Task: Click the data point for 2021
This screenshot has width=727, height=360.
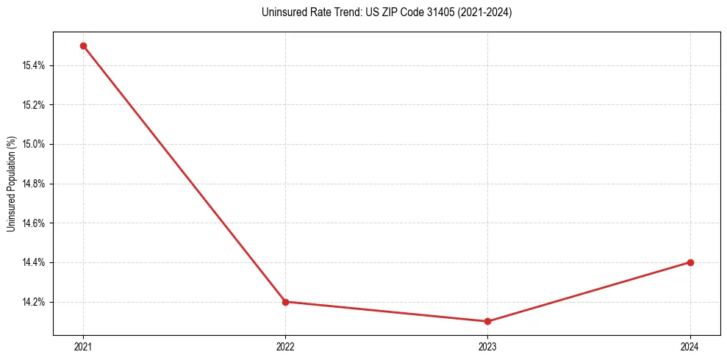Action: [x=83, y=46]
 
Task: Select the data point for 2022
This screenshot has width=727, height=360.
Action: [x=285, y=301]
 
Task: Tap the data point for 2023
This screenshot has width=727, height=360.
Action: [x=488, y=321]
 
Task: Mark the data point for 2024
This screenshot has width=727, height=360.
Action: [x=690, y=262]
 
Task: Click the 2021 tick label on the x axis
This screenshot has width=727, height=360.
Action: [x=83, y=347]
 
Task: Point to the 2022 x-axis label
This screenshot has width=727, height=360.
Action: [x=285, y=347]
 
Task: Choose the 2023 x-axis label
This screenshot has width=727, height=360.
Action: [x=488, y=347]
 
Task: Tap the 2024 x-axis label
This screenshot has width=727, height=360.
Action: [x=690, y=347]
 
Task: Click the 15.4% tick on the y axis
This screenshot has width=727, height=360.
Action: [x=34, y=65]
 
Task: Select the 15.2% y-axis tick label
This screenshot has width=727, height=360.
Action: [x=34, y=105]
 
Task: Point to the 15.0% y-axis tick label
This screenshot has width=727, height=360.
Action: [x=34, y=144]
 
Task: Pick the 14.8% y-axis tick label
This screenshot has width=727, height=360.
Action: [x=34, y=184]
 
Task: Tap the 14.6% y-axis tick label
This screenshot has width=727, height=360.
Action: [x=34, y=223]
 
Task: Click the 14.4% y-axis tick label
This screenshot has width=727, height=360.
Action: [x=34, y=262]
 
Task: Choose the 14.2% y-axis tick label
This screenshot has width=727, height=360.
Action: [x=34, y=302]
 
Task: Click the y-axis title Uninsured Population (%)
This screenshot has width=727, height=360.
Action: [x=11, y=184]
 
